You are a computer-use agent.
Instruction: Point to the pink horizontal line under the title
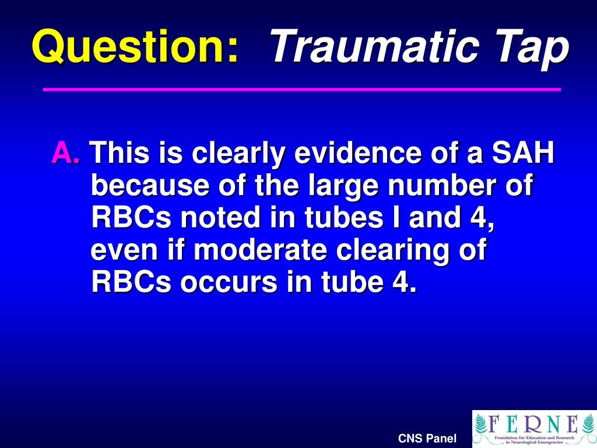tap(302, 90)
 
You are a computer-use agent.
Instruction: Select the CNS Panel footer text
tap(427, 439)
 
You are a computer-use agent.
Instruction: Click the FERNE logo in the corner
tap(533, 428)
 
